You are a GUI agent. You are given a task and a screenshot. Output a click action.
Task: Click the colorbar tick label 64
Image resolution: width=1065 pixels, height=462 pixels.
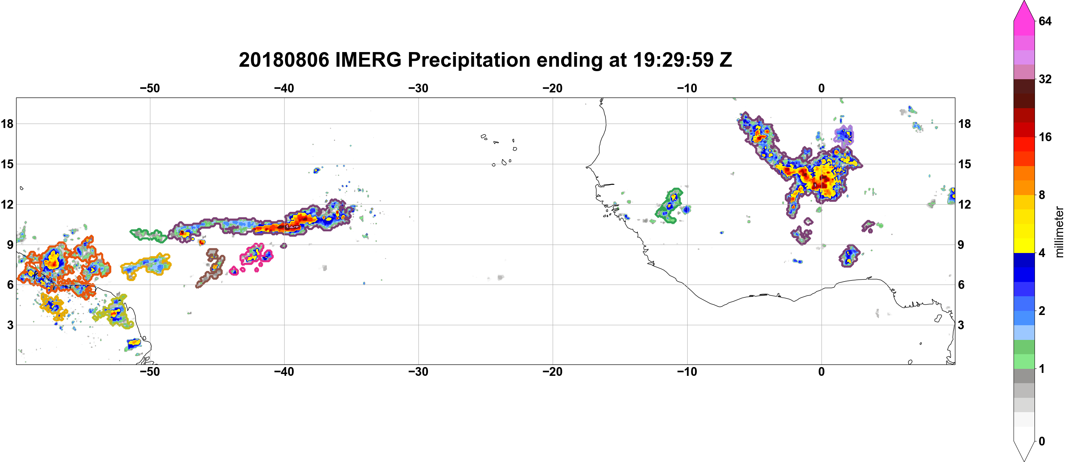(x=1045, y=21)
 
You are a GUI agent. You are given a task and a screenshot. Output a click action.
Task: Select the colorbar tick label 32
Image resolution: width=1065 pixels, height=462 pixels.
(x=1045, y=79)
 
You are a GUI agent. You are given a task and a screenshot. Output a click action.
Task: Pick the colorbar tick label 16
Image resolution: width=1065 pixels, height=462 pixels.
(x=1045, y=137)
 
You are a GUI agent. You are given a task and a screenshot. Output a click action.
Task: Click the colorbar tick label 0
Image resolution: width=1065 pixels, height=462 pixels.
(x=1042, y=441)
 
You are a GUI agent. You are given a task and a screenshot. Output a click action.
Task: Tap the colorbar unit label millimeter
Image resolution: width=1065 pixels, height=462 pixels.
(x=1059, y=232)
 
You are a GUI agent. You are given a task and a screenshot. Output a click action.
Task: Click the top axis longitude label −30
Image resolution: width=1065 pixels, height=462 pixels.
(x=418, y=88)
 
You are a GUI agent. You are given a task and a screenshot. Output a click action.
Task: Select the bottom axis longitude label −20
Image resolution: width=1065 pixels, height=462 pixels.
(x=553, y=372)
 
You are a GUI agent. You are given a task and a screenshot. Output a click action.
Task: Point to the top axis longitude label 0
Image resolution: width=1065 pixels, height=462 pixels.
(x=821, y=88)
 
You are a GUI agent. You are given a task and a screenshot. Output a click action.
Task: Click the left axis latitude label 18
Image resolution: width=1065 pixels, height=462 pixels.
(x=7, y=124)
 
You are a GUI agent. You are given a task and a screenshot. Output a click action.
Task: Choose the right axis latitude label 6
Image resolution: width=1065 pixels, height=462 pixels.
(x=961, y=285)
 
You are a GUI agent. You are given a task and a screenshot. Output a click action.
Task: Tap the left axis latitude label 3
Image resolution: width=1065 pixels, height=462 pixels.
(x=10, y=325)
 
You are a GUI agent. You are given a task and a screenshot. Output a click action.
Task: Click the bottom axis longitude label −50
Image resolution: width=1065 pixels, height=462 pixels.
(x=150, y=372)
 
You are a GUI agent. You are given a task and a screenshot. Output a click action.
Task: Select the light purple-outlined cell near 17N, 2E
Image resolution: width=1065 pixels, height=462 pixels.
(x=843, y=135)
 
